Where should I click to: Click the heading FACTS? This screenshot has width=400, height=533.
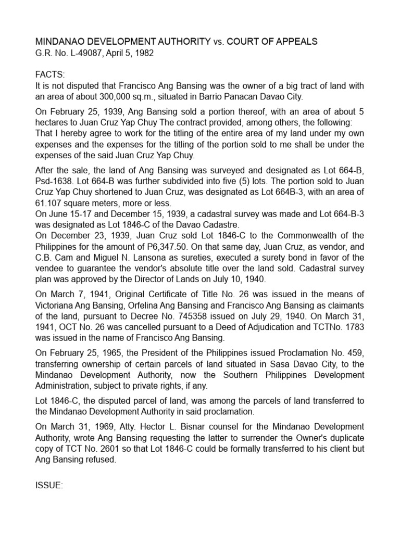click(x=51, y=74)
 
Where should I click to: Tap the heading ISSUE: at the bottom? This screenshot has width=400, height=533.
click(x=49, y=485)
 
